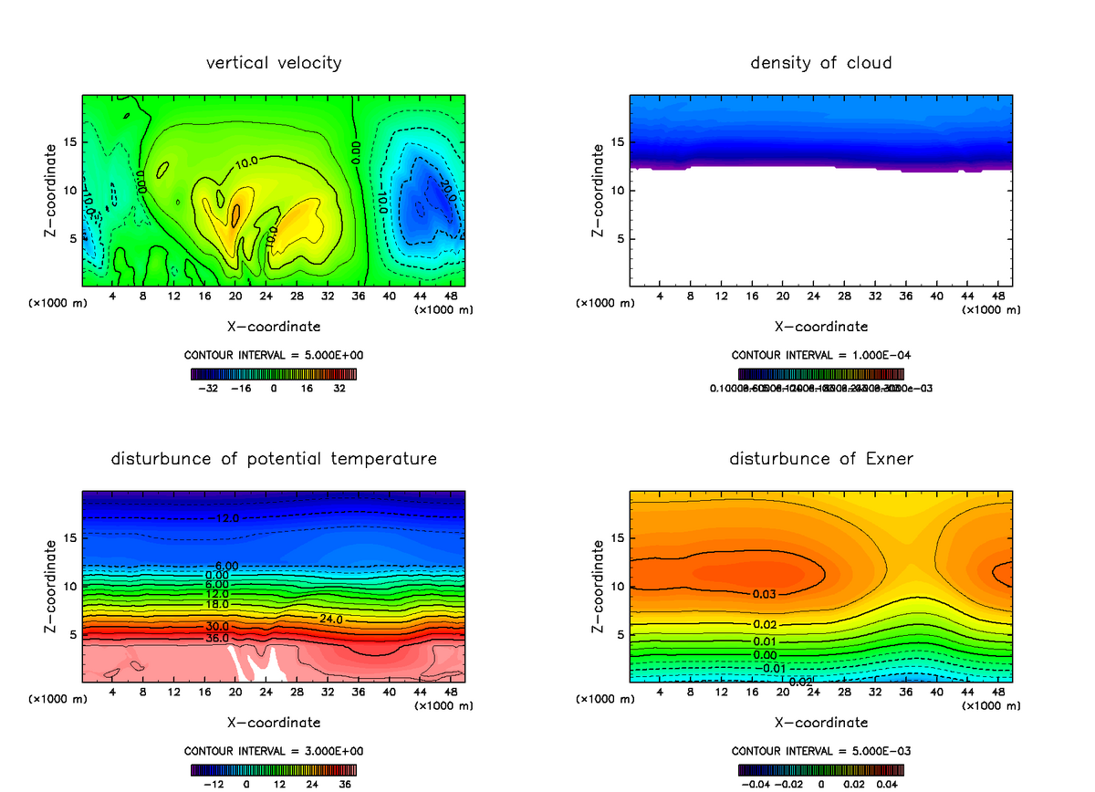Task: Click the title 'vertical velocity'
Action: [274, 63]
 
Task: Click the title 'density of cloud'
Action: [821, 63]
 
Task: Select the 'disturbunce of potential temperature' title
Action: [274, 459]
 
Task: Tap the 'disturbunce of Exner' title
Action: [821, 459]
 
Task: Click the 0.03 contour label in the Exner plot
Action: [766, 594]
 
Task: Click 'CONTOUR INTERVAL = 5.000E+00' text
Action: [274, 355]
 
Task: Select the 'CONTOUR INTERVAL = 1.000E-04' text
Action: [821, 355]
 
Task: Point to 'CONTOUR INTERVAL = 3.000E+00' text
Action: [274, 751]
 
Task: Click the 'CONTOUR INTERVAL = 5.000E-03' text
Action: [821, 751]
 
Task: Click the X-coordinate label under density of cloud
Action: [821, 326]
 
